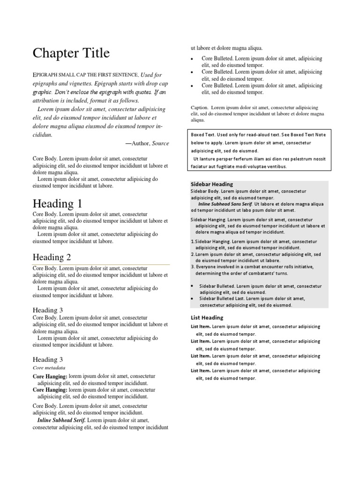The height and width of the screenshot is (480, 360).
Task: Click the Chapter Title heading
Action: coord(71,53)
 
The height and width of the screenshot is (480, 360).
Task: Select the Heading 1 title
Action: coord(57,204)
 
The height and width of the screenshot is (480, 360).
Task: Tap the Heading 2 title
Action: coord(52,257)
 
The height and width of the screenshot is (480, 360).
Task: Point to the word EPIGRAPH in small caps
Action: coord(45,75)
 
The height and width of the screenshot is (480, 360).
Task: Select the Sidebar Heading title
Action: coord(212,184)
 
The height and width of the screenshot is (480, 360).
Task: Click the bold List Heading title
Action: coord(207,317)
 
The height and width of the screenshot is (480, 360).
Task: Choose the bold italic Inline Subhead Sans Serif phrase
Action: coord(225,204)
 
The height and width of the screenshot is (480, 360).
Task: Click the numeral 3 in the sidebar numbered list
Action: coord(192,267)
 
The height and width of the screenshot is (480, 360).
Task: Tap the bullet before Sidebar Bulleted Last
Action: coord(192,298)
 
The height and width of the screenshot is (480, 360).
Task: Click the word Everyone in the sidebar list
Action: coord(206,267)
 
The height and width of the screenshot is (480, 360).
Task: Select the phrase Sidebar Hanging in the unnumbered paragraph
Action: coord(209,219)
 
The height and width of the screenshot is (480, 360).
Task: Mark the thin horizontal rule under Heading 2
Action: coord(101,265)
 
